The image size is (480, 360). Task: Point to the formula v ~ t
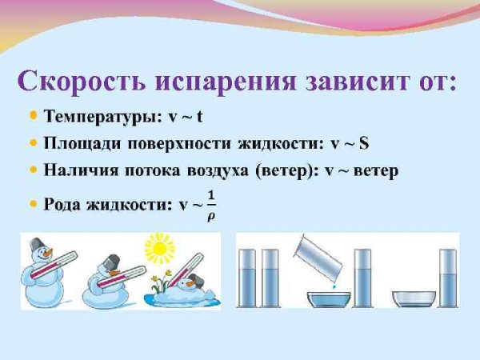[185, 116]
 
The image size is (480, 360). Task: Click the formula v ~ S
[350, 144]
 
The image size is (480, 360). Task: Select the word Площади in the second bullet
[78, 144]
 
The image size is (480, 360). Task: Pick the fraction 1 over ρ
[211, 205]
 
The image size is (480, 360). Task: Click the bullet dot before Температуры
[33, 116]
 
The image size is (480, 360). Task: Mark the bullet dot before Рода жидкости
[33, 205]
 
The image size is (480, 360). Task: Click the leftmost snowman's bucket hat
[38, 243]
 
